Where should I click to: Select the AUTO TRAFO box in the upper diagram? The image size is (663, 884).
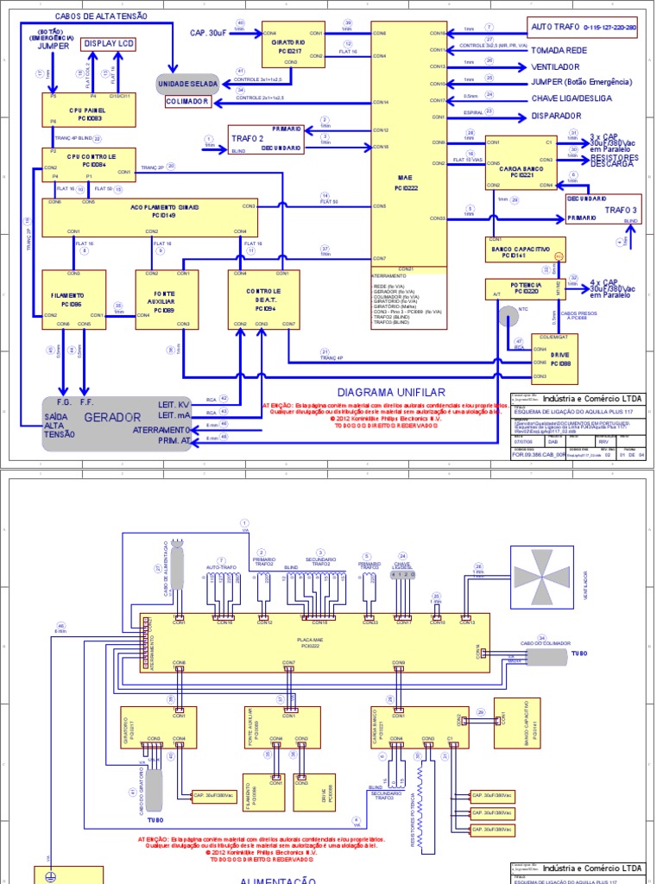[x=584, y=27]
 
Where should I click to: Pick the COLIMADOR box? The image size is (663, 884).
[x=188, y=102]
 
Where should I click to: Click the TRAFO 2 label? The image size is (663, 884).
[x=245, y=137]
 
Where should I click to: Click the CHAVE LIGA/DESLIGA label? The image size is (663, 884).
[x=571, y=98]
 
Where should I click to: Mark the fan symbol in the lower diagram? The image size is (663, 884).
[x=542, y=576]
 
